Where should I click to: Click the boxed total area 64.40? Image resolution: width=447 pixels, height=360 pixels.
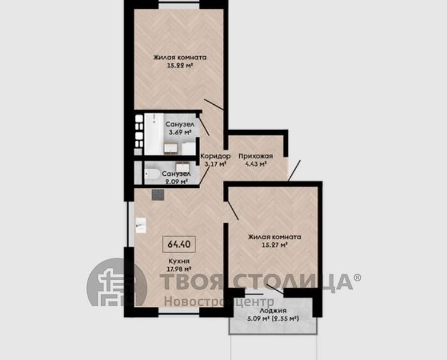pyautogui.click(x=179, y=244)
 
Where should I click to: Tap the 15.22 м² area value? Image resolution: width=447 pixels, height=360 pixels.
pyautogui.click(x=180, y=65)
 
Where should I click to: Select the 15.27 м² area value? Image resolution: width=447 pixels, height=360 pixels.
pyautogui.click(x=274, y=244)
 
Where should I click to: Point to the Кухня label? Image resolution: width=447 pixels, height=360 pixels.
pyautogui.click(x=179, y=261)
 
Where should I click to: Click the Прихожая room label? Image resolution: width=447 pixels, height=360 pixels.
pyautogui.click(x=256, y=156)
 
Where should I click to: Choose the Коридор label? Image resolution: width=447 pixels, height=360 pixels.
pyautogui.click(x=216, y=156)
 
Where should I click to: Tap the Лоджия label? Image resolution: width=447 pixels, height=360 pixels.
pyautogui.click(x=274, y=311)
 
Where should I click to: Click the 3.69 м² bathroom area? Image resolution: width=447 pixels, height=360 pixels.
pyautogui.click(x=180, y=132)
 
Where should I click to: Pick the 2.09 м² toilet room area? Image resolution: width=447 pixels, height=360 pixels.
pyautogui.click(x=176, y=182)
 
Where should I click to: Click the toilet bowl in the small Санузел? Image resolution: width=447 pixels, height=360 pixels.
pyautogui.click(x=152, y=173)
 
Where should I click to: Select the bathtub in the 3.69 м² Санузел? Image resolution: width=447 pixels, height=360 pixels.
pyautogui.click(x=153, y=134)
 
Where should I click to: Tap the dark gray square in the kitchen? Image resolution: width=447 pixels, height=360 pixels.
pyautogui.click(x=158, y=194)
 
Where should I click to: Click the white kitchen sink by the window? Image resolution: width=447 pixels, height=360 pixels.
pyautogui.click(x=141, y=226)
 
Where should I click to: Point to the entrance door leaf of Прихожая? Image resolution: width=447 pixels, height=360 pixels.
pyautogui.click(x=294, y=171)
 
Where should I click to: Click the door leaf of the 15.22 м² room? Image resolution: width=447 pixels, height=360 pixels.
pyautogui.click(x=214, y=104)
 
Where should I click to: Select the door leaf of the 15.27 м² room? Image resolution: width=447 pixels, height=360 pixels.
pyautogui.click(x=233, y=210)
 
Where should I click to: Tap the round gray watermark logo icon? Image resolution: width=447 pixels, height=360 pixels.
pyautogui.click(x=116, y=282)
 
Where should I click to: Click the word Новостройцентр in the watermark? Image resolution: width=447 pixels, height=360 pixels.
pyautogui.click(x=219, y=301)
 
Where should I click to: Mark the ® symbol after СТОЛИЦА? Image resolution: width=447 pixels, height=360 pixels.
pyautogui.click(x=357, y=277)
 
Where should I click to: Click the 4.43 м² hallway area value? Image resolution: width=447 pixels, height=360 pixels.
pyautogui.click(x=256, y=164)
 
